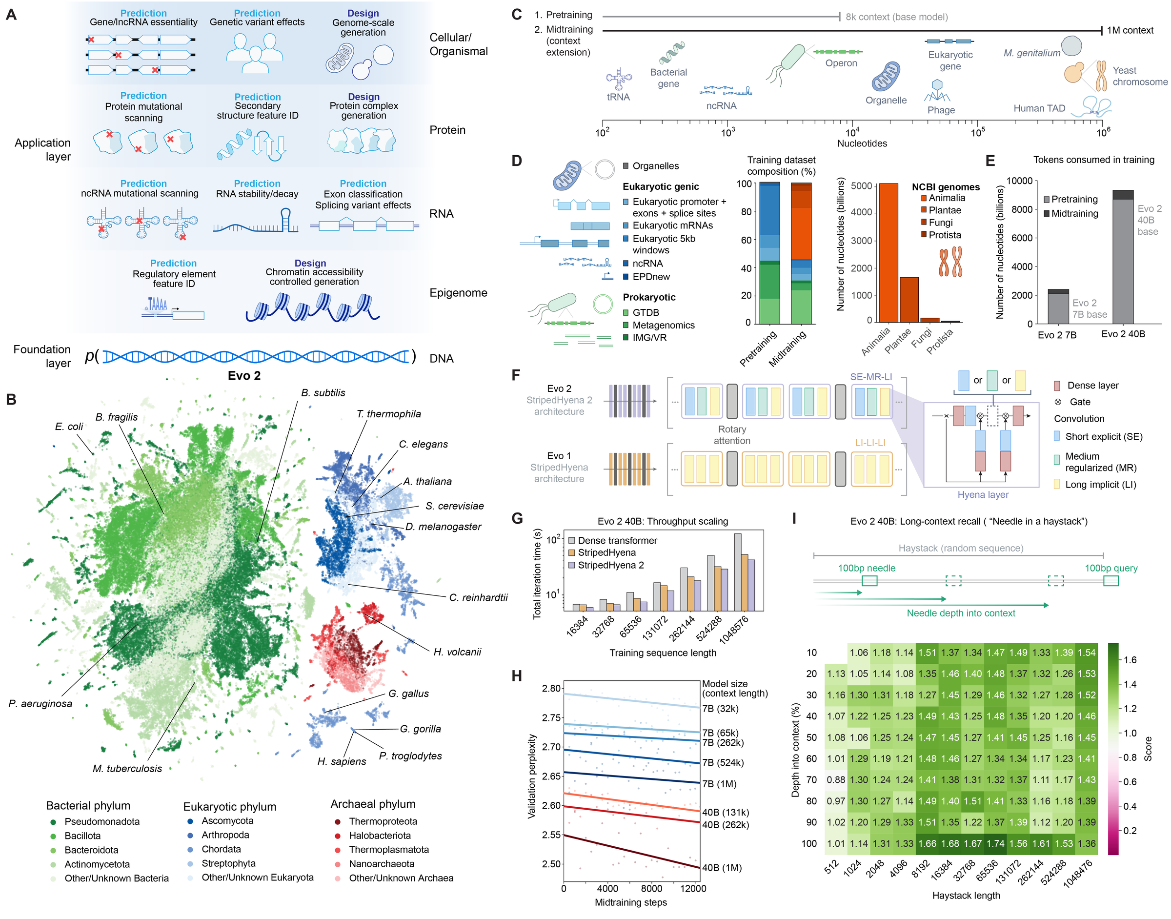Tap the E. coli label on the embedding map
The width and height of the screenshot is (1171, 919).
(69, 426)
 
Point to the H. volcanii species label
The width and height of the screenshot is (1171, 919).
(457, 652)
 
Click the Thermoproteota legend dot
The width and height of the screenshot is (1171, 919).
(337, 821)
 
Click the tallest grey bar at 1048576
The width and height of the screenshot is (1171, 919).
(737, 572)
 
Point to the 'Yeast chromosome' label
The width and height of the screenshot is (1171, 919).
(1139, 76)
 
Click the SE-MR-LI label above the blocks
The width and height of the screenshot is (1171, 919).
(870, 377)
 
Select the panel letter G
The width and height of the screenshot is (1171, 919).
(517, 518)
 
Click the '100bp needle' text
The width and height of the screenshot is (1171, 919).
(866, 568)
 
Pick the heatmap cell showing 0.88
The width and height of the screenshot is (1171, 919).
(836, 779)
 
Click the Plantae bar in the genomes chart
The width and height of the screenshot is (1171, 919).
(909, 300)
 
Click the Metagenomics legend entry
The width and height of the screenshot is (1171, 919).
(663, 325)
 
